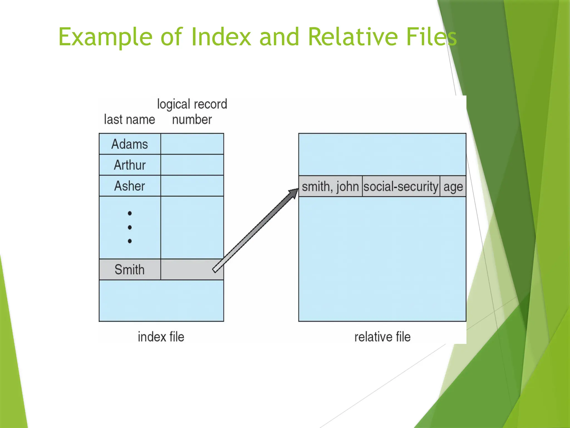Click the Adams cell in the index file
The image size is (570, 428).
click(x=130, y=144)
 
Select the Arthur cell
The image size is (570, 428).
click(x=130, y=165)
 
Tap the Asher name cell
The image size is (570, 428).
click(x=130, y=186)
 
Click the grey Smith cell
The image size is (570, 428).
click(x=130, y=269)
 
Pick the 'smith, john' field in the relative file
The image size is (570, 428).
click(x=330, y=186)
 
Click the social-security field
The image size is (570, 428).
click(x=401, y=186)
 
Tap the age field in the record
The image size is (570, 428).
click(x=453, y=186)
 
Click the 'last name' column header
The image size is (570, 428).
click(x=129, y=120)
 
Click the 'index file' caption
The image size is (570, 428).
click(x=161, y=337)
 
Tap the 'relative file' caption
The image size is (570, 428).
click(x=382, y=337)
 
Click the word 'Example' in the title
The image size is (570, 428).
click(x=105, y=37)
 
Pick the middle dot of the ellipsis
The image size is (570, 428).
click(x=130, y=227)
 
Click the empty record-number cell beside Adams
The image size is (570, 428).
click(x=192, y=144)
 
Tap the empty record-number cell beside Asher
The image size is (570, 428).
click(x=192, y=186)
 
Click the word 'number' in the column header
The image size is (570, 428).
click(x=192, y=120)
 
